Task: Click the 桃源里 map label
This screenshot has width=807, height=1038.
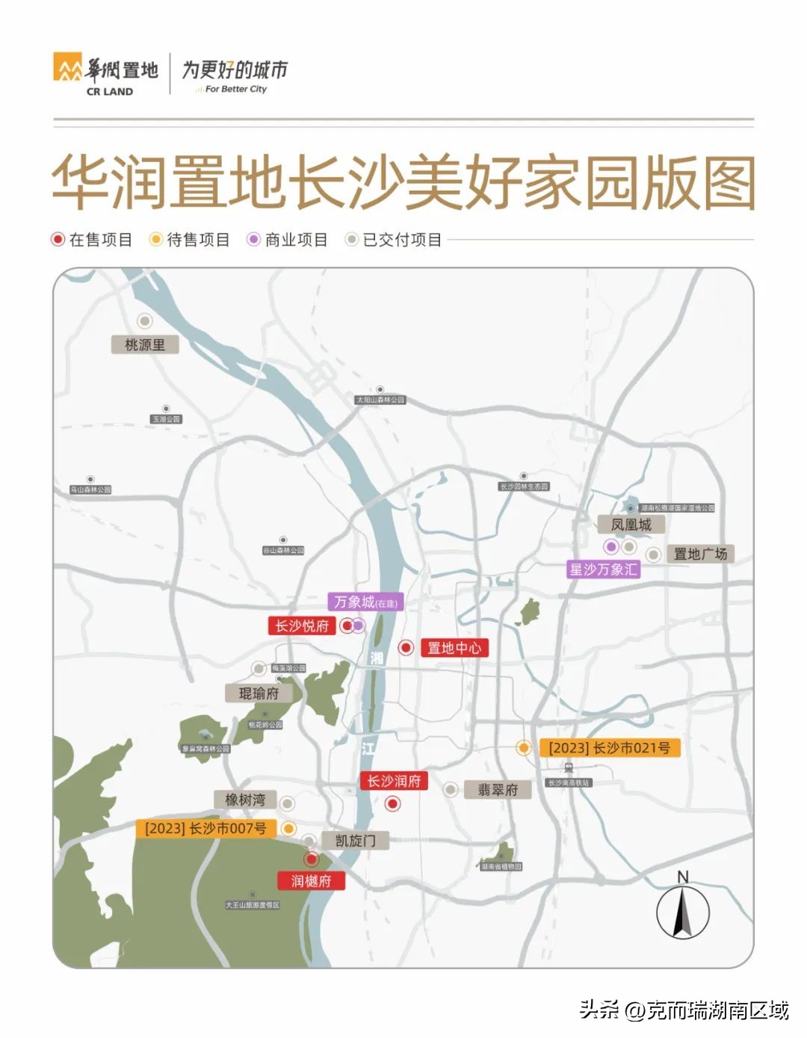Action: [145, 345]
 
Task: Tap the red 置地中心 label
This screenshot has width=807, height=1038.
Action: [454, 648]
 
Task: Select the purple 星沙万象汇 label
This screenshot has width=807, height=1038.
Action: [604, 569]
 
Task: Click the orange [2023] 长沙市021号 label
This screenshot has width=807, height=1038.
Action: [609, 747]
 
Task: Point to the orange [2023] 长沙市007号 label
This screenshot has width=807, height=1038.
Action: [205, 828]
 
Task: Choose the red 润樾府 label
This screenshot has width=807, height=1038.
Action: [311, 881]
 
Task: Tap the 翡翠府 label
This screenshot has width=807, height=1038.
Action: [498, 790]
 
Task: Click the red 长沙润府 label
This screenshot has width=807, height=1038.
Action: [394, 781]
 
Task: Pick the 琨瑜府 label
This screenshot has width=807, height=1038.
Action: [259, 693]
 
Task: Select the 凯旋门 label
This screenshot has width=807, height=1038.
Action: [356, 841]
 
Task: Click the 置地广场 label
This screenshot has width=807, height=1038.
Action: [700, 554]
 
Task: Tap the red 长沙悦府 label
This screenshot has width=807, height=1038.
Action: [302, 625]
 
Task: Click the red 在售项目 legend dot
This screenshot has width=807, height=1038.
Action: [58, 240]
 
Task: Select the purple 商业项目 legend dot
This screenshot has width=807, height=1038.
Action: [254, 240]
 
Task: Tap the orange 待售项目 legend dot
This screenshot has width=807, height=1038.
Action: [155, 240]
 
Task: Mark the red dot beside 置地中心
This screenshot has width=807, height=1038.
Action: [406, 648]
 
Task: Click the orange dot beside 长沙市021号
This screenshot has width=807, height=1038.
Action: [525, 747]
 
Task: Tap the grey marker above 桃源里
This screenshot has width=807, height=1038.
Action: [145, 321]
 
